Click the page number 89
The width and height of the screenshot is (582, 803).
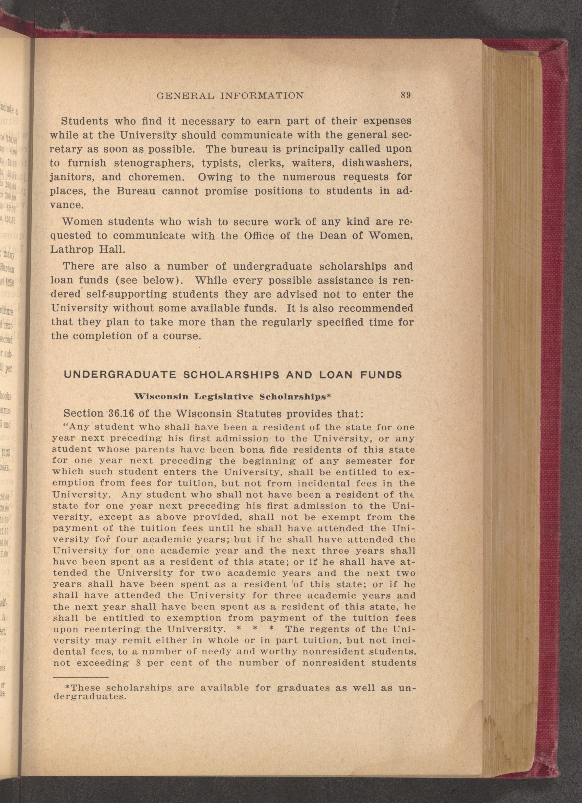[x=405, y=95]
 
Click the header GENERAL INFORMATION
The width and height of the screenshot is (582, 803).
[x=230, y=96]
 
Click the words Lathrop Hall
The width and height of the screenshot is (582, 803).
[x=88, y=249]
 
